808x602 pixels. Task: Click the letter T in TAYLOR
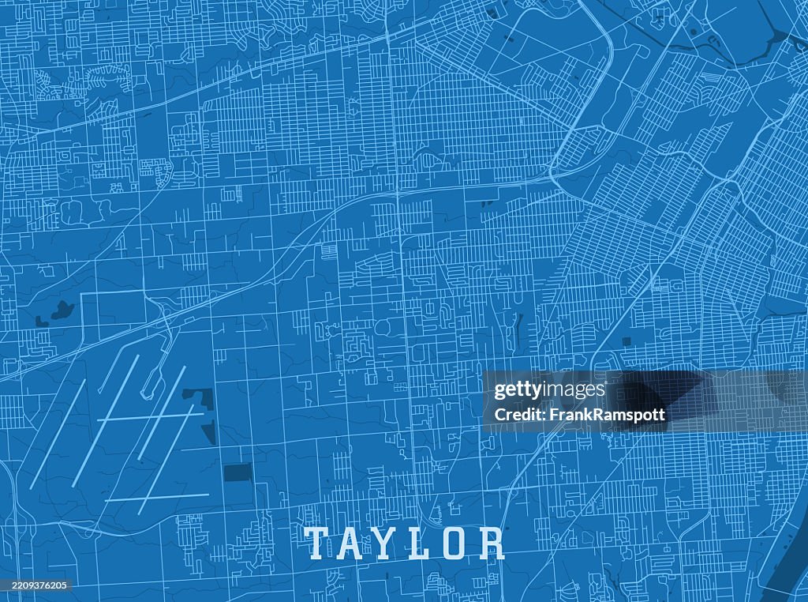[x=316, y=544]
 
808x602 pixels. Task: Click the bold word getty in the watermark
[x=518, y=390]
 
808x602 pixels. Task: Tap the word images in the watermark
[x=574, y=390]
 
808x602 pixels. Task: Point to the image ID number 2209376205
[x=36, y=585]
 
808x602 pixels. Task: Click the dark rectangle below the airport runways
[x=237, y=472]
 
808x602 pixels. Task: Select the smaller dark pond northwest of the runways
[x=41, y=321]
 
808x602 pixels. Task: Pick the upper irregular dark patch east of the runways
[x=200, y=397]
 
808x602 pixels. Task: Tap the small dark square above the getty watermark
[x=626, y=341]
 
